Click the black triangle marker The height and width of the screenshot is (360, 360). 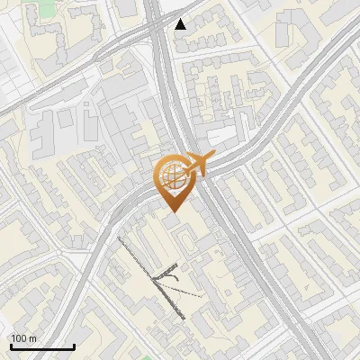181,24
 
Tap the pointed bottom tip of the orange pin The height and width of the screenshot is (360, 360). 171,211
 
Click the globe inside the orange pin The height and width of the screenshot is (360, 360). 171,175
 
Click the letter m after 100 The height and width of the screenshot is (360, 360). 33,338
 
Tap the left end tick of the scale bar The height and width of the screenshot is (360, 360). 11,346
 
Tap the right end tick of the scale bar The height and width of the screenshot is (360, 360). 74,346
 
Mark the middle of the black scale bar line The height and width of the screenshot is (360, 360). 42,347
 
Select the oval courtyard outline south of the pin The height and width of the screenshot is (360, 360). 184,239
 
